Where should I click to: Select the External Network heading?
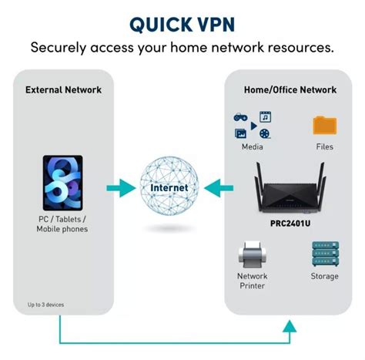[x=63, y=89]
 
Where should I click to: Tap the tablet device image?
[x=62, y=186]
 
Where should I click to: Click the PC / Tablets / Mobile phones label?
[x=62, y=224]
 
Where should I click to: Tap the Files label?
[x=324, y=146]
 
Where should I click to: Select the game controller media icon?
[x=239, y=118]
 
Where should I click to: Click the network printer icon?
[x=252, y=254]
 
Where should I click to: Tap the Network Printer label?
[x=252, y=281]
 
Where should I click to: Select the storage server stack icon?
[x=323, y=254]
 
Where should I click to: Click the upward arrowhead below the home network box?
[x=290, y=326]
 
